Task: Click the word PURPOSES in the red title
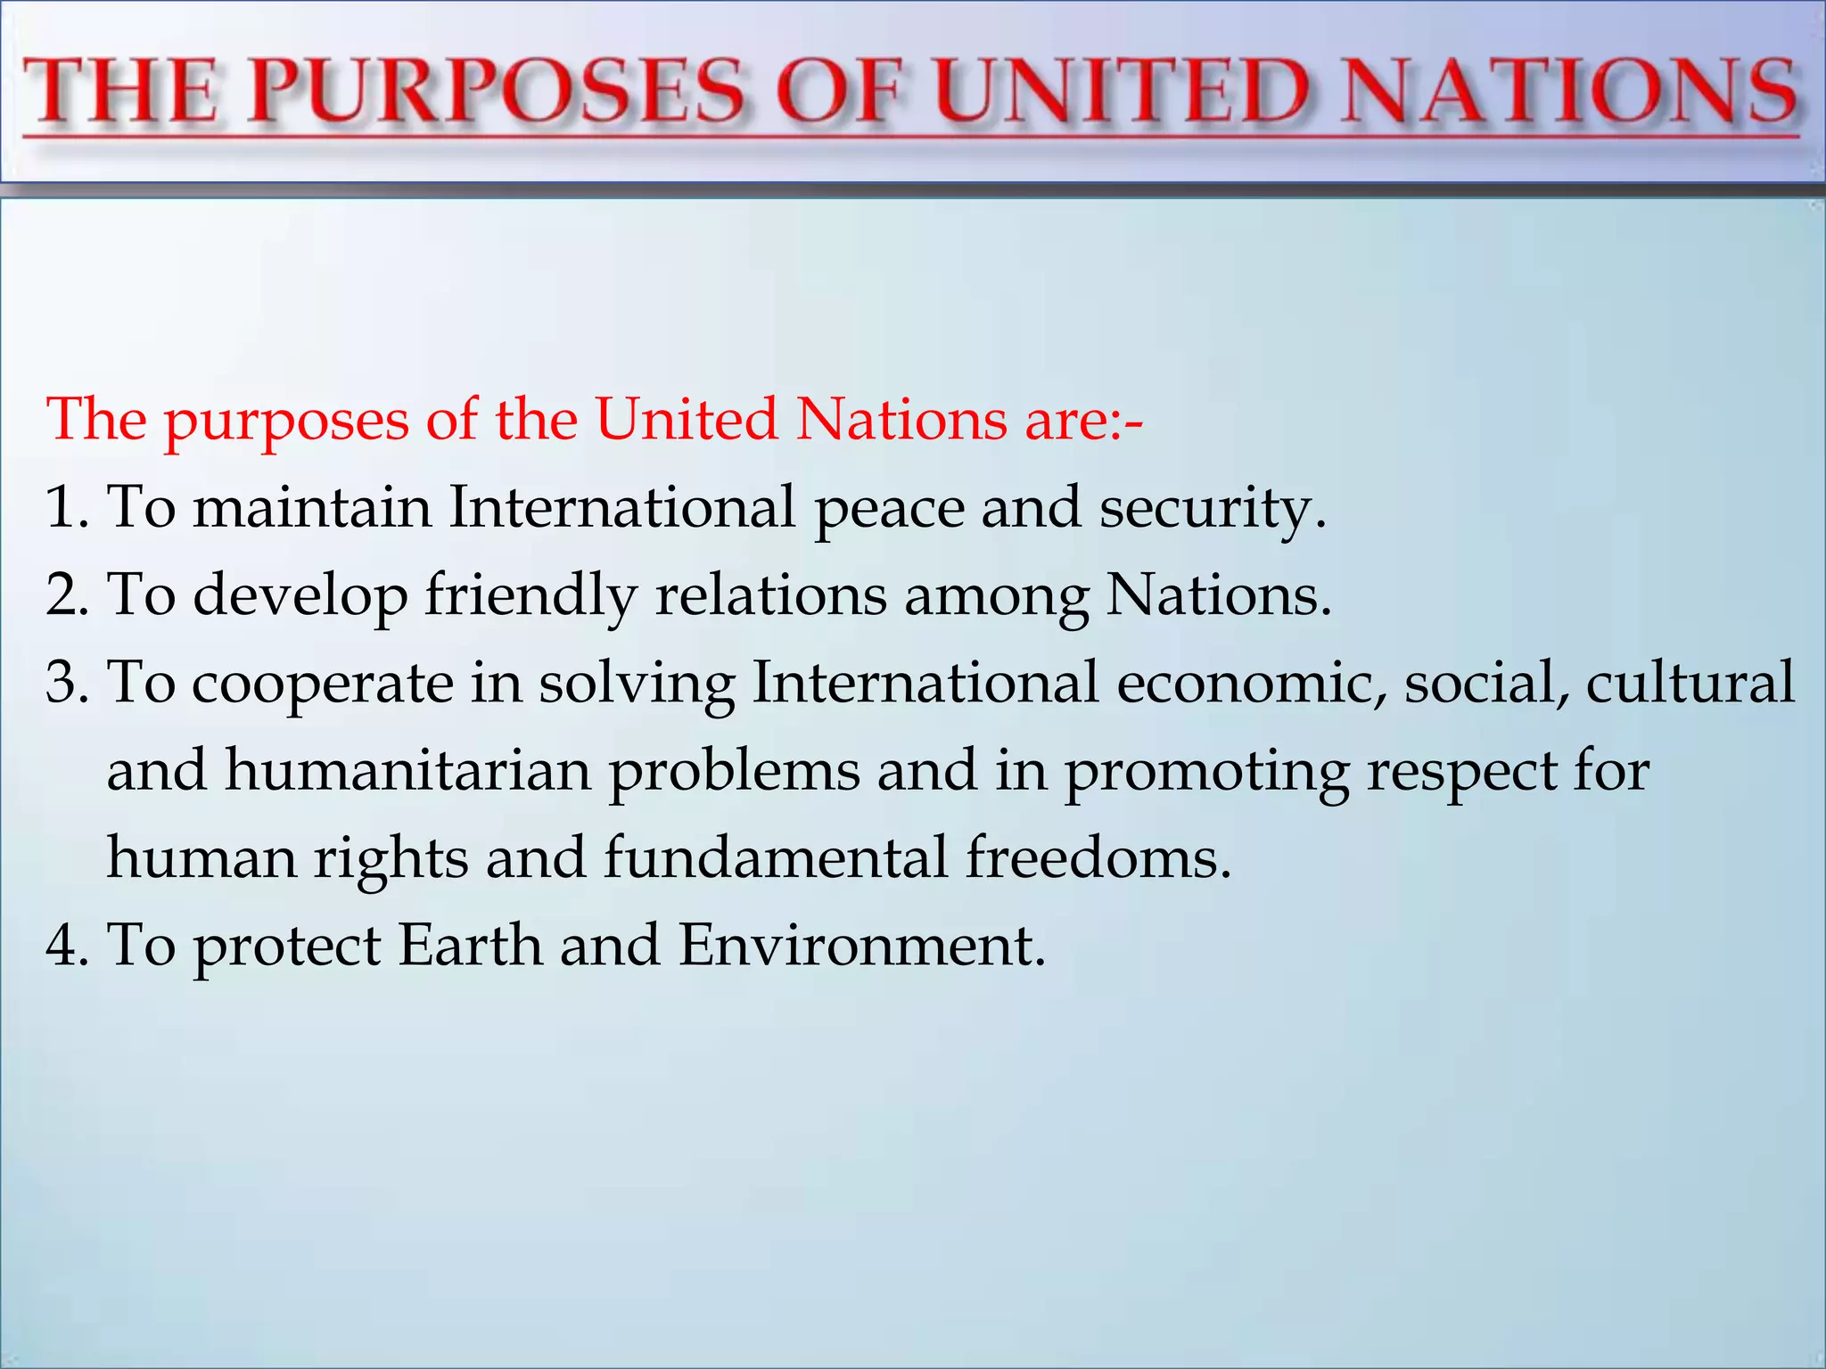(496, 91)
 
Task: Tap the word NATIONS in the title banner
(1569, 91)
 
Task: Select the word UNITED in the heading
(1124, 91)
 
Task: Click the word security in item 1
(1212, 508)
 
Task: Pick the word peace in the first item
(889, 508)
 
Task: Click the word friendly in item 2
(531, 595)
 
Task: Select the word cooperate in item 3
(323, 684)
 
